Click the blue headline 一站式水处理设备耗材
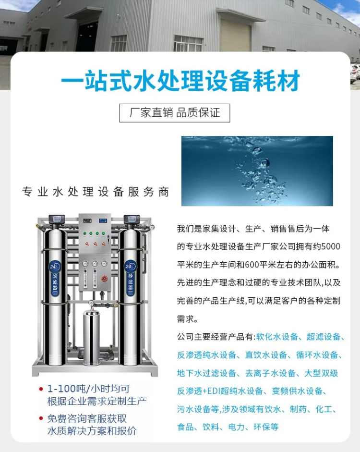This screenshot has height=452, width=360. pos(180,80)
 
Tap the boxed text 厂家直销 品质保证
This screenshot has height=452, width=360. pos(175,113)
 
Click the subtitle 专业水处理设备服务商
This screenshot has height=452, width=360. pos(96,192)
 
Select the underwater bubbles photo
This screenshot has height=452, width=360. pos(257,171)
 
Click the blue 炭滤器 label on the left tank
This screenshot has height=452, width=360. pos(55,279)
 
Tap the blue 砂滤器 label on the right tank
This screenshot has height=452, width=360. pos(130,279)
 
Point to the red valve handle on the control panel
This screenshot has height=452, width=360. pos(104,279)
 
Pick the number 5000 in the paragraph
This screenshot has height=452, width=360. pos(331,246)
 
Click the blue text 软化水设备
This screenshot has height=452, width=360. pos(277,336)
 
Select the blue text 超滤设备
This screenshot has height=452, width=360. pos(324,336)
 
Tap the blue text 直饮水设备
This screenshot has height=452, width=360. pos(266,355)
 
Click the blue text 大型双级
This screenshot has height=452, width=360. pos(321,373)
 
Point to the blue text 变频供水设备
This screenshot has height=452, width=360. pos(297,391)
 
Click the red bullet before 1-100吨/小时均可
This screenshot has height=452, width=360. pos(41,390)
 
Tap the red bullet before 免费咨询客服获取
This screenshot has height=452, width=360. pos(41,418)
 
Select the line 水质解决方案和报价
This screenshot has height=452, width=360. pos(92,431)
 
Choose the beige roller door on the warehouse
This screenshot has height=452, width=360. pos(235,35)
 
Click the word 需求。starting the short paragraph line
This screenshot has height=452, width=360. pos(187,319)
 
